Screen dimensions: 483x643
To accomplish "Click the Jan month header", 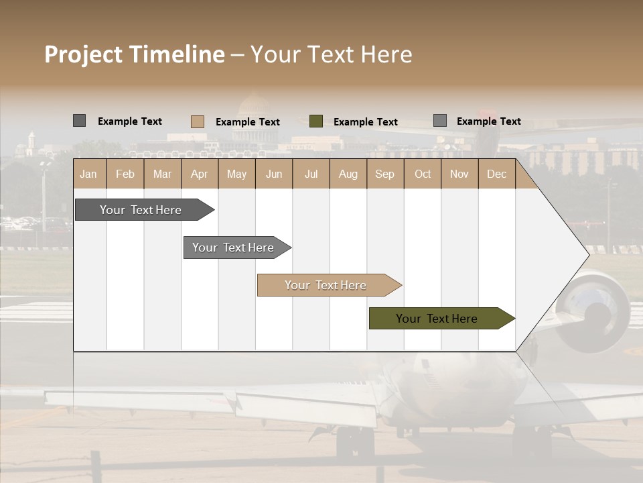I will pos(89,174).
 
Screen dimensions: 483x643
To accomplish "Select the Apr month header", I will pos(200,174).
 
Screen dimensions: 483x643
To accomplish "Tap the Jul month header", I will pos(311,174).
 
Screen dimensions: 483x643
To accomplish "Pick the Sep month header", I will pos(384,174).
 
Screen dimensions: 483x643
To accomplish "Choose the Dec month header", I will pos(496,174).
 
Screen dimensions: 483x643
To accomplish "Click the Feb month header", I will pos(125,174).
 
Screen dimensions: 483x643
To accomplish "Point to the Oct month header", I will pos(423,174).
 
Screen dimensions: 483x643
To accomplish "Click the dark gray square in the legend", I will pos(79,121).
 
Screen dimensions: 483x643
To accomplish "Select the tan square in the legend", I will pos(198,121).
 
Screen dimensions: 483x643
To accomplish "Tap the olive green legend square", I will pos(316,121).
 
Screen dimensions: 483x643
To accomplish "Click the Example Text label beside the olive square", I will pos(366,122).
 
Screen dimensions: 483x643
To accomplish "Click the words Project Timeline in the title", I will pos(134,54).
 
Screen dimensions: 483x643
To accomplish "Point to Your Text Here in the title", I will pos(331,54).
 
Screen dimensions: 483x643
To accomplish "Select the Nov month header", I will pos(459,174).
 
